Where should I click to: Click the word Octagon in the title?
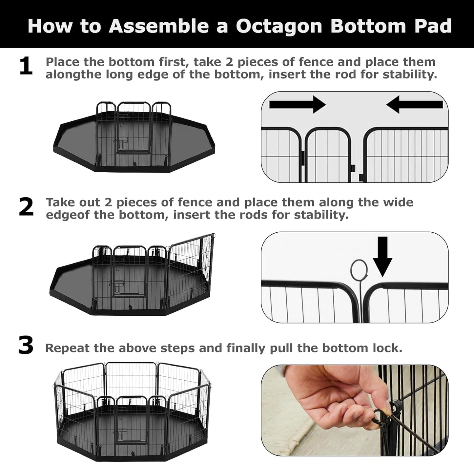pyautogui.click(x=279, y=26)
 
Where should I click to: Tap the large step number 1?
pyautogui.click(x=26, y=66)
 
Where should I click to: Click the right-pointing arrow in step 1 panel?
pyautogui.click(x=297, y=104)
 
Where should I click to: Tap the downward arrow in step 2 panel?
pyautogui.click(x=382, y=256)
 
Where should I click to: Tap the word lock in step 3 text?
pyautogui.click(x=389, y=348)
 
